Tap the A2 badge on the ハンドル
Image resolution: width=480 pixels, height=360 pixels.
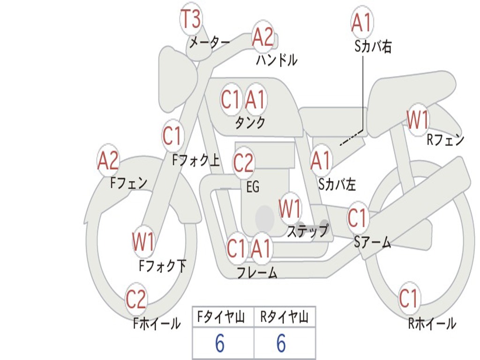[262, 37]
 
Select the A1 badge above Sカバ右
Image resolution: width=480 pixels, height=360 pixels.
[361, 22]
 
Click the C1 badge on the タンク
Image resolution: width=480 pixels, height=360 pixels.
[231, 99]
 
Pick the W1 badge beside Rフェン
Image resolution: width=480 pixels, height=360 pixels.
[417, 120]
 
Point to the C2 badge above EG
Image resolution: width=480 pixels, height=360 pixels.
[243, 163]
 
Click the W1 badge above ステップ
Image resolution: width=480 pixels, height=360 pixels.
[290, 209]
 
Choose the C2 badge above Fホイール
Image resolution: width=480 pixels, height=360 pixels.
[136, 300]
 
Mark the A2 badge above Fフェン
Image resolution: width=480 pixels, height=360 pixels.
[108, 161]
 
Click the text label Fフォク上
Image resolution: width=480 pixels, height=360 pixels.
[195, 161]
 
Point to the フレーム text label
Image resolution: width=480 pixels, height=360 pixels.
[257, 272]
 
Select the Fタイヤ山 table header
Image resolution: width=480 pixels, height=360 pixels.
[222, 318]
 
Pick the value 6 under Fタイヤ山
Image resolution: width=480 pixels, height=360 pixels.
[220, 344]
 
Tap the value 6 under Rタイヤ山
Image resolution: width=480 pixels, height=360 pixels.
[281, 344]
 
